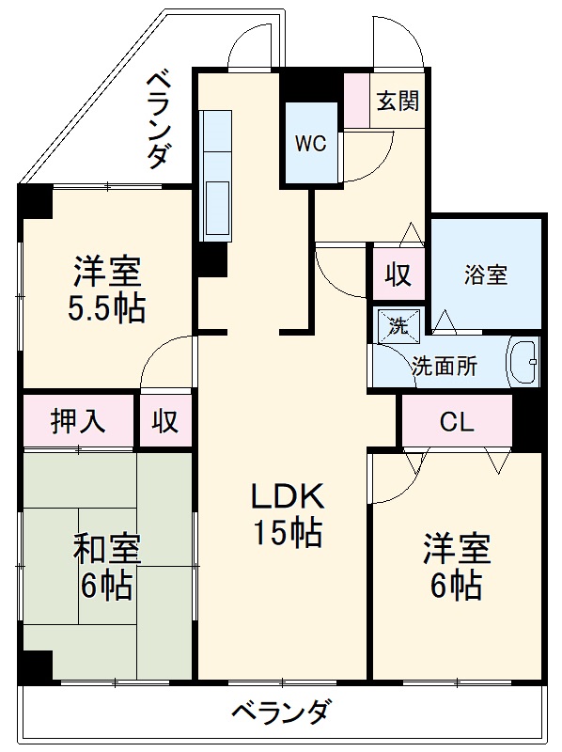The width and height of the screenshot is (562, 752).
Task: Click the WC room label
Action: pyautogui.click(x=311, y=144)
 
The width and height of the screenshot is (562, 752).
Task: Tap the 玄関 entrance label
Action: pyautogui.click(x=398, y=102)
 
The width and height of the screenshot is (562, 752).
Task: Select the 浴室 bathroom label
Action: pyautogui.click(x=486, y=274)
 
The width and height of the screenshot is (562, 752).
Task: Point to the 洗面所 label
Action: pyautogui.click(x=444, y=366)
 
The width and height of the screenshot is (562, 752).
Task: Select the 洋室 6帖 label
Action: pyautogui.click(x=456, y=566)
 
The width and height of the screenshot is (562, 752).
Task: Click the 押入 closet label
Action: pyautogui.click(x=78, y=420)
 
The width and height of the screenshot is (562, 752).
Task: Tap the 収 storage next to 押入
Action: pyautogui.click(x=165, y=420)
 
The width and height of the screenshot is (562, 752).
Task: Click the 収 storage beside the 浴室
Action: pyautogui.click(x=398, y=274)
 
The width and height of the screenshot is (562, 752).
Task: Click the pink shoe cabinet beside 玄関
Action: pyautogui.click(x=356, y=102)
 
